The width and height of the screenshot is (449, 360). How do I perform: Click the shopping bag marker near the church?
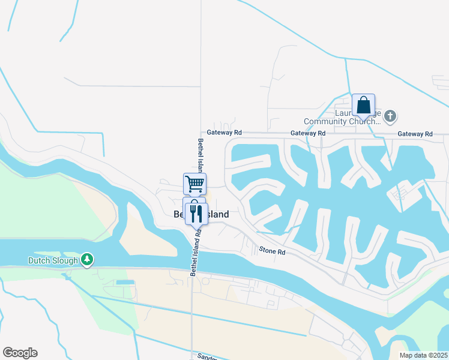click(x=363, y=105)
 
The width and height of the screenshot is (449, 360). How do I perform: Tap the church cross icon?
click(x=390, y=115)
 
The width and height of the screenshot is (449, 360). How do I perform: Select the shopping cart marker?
click(x=194, y=184)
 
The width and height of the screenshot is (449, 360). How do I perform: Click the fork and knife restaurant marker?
click(x=196, y=213)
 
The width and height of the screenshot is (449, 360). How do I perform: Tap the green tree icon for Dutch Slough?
click(x=88, y=260)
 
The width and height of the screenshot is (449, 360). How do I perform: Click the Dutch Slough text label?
click(x=53, y=260)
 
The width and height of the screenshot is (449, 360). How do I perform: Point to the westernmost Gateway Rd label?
click(x=224, y=133)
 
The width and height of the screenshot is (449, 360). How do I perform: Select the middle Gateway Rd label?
click(x=307, y=133)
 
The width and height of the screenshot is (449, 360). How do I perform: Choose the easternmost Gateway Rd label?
click(x=415, y=134)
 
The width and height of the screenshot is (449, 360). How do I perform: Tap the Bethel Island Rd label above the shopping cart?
click(x=200, y=156)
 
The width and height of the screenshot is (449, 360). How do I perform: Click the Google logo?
click(x=20, y=353)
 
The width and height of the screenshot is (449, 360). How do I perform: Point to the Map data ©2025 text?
click(x=423, y=355)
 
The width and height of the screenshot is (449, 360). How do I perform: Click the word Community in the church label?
click(x=326, y=121)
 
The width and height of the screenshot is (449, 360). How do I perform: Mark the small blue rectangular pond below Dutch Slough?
click(x=125, y=282)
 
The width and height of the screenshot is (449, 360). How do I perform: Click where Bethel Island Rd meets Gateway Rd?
click(x=200, y=133)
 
